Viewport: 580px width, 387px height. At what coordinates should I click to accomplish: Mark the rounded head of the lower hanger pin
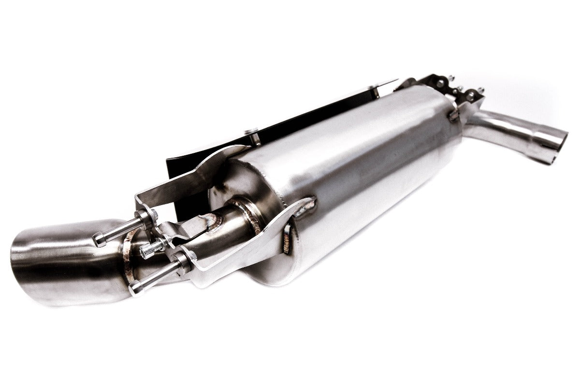point(135,288)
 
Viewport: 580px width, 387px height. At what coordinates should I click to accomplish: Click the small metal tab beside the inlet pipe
point(453,115)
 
